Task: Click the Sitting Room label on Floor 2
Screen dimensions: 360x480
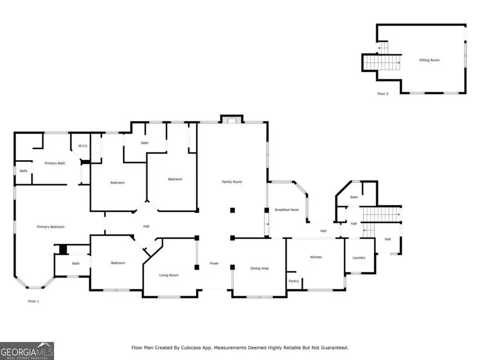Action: pos(429,60)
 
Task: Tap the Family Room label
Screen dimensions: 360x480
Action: pos(232,182)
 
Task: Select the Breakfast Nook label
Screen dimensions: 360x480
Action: pos(287,210)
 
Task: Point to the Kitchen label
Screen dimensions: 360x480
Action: pos(316,257)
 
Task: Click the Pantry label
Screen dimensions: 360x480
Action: pos(293,281)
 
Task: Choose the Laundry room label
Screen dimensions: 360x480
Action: pos(359,258)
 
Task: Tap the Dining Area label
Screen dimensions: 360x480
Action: pos(260,268)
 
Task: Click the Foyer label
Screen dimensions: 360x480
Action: pos(214,263)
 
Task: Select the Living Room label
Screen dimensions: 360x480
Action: pos(169,275)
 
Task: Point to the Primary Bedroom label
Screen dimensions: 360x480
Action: pos(51,227)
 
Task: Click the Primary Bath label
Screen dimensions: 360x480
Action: pos(55,163)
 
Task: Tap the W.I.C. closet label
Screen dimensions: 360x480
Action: pos(83,146)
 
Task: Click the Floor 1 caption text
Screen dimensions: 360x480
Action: pos(34,301)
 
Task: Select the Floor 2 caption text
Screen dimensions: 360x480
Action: pos(383,93)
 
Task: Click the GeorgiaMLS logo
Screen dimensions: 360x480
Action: pos(27,351)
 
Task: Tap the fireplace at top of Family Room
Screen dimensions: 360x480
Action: pos(232,119)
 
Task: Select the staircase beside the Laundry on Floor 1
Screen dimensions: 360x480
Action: pos(381,215)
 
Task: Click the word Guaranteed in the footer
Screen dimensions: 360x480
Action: pos(333,348)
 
